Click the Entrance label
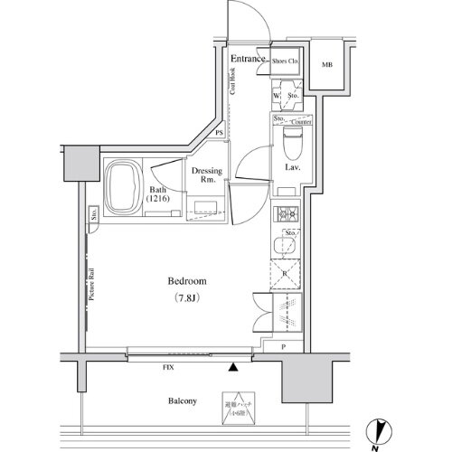pyautogui.click(x=247, y=59)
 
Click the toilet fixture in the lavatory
pyautogui.click(x=291, y=140)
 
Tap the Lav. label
pyautogui.click(x=292, y=168)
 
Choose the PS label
pyautogui.click(x=220, y=136)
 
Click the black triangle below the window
pyautogui.click(x=234, y=367)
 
